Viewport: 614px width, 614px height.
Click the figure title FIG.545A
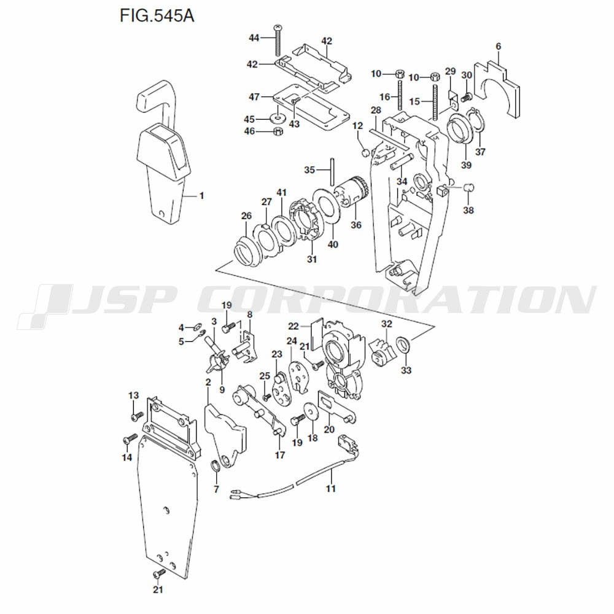pyautogui.click(x=157, y=16)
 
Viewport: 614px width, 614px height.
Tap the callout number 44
pyautogui.click(x=254, y=37)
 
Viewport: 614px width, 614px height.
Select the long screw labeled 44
pyautogui.click(x=278, y=41)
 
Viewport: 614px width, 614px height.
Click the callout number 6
pyautogui.click(x=498, y=46)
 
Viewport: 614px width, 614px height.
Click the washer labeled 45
pyautogui.click(x=278, y=117)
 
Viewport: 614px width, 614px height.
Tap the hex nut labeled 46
pyautogui.click(x=278, y=131)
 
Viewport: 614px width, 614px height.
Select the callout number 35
pyautogui.click(x=309, y=169)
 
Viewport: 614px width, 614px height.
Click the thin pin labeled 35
pyautogui.click(x=332, y=171)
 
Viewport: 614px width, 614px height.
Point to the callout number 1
pyautogui.click(x=201, y=195)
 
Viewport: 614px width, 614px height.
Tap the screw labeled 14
pyautogui.click(x=130, y=438)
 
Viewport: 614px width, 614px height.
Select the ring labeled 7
pyautogui.click(x=216, y=467)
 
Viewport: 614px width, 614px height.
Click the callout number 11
pyautogui.click(x=331, y=488)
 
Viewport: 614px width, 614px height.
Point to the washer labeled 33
pyautogui.click(x=403, y=346)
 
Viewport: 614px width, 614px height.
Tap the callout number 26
pyautogui.click(x=246, y=216)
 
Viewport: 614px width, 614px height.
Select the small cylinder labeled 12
pyautogui.click(x=365, y=153)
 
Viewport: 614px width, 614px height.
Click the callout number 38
pyautogui.click(x=468, y=210)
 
